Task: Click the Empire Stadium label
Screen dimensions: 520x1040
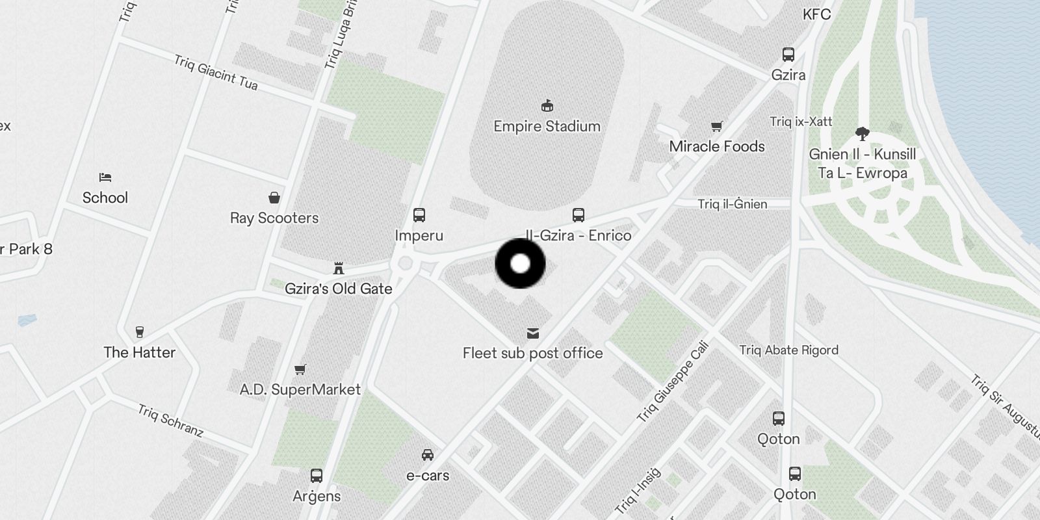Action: pyautogui.click(x=547, y=126)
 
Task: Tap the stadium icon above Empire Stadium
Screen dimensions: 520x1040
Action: pyautogui.click(x=547, y=105)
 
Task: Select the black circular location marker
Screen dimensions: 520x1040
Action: pyautogui.click(x=520, y=263)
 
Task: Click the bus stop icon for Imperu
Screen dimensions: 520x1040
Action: pyautogui.click(x=419, y=215)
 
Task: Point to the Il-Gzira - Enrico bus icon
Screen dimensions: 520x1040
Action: pyautogui.click(x=578, y=214)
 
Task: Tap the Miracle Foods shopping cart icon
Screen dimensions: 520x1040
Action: pyautogui.click(x=716, y=126)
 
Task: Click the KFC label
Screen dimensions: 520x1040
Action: pyautogui.click(x=816, y=14)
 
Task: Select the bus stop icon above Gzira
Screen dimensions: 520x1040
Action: pyautogui.click(x=788, y=55)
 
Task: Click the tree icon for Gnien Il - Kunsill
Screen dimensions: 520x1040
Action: pyautogui.click(x=863, y=134)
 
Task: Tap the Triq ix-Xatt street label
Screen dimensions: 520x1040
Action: pyautogui.click(x=801, y=122)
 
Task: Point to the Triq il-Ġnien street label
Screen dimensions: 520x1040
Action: pyautogui.click(x=733, y=204)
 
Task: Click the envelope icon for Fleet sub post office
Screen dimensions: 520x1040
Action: pyautogui.click(x=533, y=333)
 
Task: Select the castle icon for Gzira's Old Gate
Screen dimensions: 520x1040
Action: pyautogui.click(x=338, y=268)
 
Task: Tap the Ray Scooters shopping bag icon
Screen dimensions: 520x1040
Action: pyautogui.click(x=274, y=198)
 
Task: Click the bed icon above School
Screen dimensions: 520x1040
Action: pyautogui.click(x=105, y=177)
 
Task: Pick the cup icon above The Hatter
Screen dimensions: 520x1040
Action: pyautogui.click(x=139, y=332)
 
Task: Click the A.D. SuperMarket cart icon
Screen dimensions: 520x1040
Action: pyautogui.click(x=300, y=369)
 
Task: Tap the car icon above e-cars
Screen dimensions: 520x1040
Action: pyautogui.click(x=427, y=454)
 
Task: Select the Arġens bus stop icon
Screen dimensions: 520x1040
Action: pyautogui.click(x=317, y=475)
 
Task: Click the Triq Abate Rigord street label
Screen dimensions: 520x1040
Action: pyautogui.click(x=788, y=350)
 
